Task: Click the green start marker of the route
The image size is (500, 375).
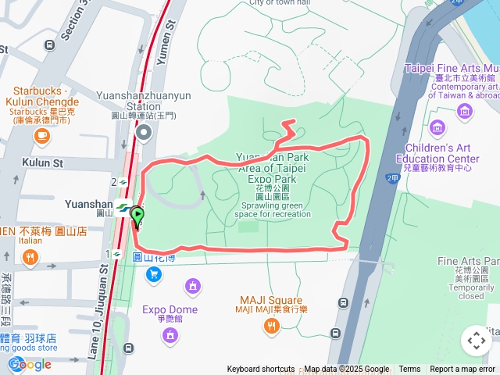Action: pyautogui.click(x=137, y=214)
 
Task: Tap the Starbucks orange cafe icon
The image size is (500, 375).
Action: pyautogui.click(x=41, y=136)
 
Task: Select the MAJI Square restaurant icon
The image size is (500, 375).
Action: pyautogui.click(x=272, y=327)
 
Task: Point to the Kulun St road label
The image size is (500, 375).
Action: pyautogui.click(x=42, y=163)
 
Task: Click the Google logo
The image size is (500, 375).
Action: pyautogui.click(x=30, y=364)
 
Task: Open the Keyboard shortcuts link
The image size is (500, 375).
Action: pyautogui.click(x=261, y=370)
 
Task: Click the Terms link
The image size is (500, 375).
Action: pyautogui.click(x=409, y=370)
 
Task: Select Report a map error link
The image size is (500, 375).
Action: pyautogui.click(x=463, y=370)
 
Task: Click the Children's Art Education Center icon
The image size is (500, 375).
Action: pyautogui.click(x=437, y=127)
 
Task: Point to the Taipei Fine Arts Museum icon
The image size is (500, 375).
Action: pyautogui.click(x=466, y=110)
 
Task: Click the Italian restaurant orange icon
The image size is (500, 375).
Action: pyautogui.click(x=30, y=257)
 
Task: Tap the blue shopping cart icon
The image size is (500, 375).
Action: pyautogui.click(x=153, y=273)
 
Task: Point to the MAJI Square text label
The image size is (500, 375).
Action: pyautogui.click(x=271, y=301)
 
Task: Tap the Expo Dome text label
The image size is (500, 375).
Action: pyautogui.click(x=170, y=309)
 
